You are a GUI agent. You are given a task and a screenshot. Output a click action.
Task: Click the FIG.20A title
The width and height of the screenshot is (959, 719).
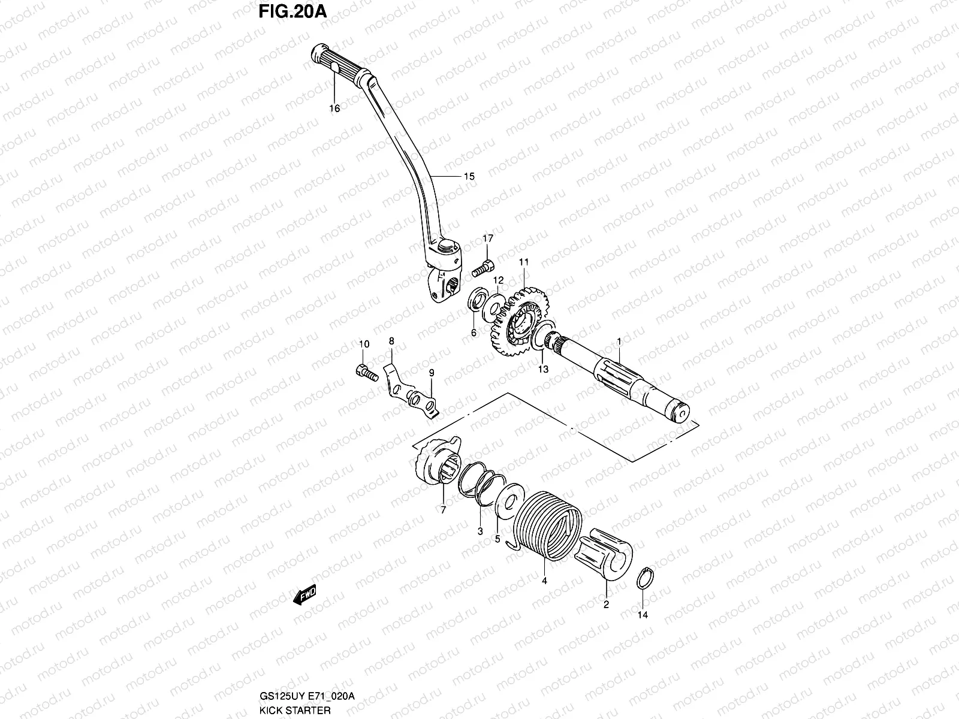pos(293,11)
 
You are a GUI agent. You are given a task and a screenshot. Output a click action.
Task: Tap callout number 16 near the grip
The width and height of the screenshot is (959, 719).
pos(334,108)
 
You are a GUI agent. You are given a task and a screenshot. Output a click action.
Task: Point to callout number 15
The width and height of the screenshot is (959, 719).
pos(469,176)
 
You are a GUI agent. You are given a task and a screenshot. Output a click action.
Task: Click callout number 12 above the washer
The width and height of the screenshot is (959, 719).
pos(498,280)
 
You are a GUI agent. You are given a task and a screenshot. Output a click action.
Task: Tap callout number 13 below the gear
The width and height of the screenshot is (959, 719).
pos(542,370)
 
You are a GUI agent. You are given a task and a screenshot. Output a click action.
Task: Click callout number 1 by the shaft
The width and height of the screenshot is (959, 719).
pos(620,340)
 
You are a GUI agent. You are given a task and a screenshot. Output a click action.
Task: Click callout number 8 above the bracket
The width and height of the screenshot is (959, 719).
pos(391,341)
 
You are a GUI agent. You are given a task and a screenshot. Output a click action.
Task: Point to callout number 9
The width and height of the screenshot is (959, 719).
pos(431,373)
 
